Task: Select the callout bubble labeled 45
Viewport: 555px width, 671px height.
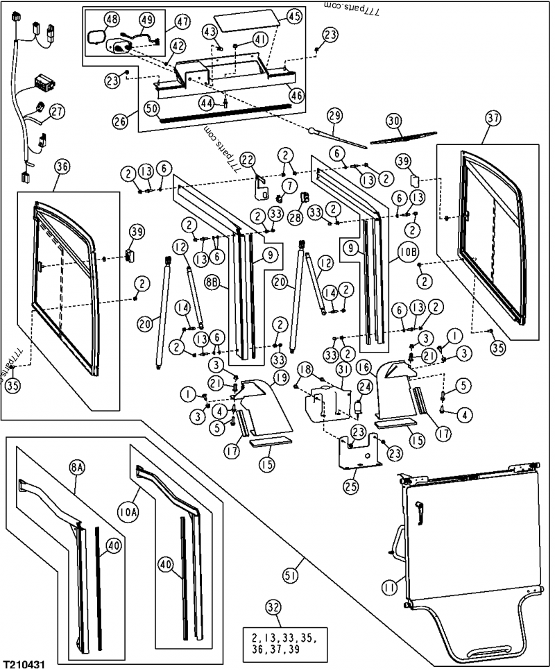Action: (294, 17)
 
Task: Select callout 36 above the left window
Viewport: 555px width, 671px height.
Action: (62, 167)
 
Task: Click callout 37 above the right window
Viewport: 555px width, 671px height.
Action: (493, 119)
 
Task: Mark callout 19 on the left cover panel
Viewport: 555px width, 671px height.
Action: (261, 377)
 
